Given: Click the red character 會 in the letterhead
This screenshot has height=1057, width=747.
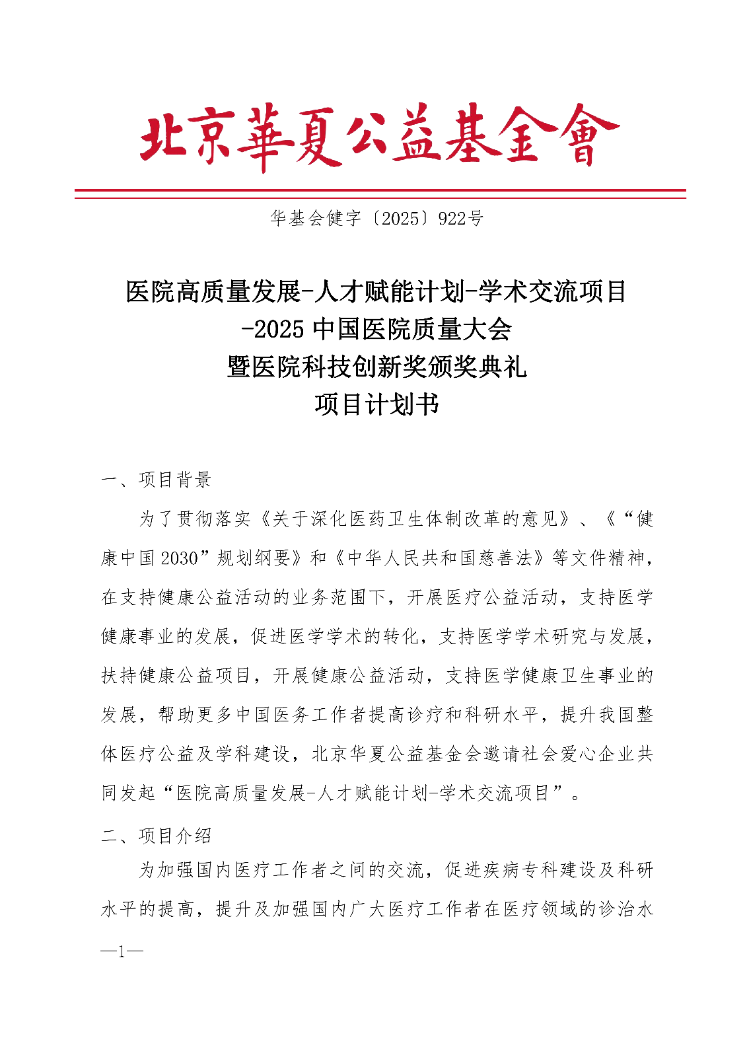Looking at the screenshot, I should click(x=585, y=137).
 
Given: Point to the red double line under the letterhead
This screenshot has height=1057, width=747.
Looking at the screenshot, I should click(x=380, y=194).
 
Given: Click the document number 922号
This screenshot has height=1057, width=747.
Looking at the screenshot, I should click(x=460, y=219).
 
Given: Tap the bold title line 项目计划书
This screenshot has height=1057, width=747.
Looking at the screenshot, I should click(x=376, y=404).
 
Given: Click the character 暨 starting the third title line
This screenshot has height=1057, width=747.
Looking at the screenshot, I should click(x=239, y=367).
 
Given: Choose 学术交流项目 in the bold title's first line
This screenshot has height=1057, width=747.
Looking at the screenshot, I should click(x=553, y=291).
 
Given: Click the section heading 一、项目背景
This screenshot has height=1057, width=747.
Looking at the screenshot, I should click(x=156, y=480).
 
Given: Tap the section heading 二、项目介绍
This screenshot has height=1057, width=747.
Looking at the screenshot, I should click(x=156, y=836).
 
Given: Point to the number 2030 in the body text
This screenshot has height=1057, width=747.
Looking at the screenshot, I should click(x=179, y=559).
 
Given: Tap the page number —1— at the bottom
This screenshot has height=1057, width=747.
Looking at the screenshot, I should click(x=122, y=952).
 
